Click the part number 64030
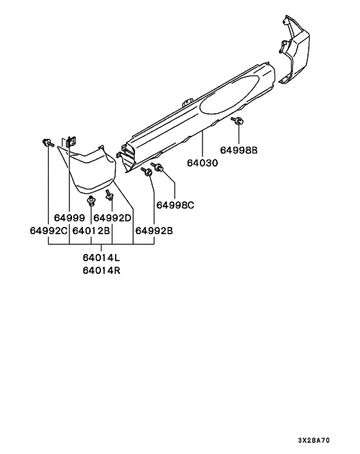click(202, 163)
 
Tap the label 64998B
click(239, 150)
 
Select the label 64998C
click(175, 205)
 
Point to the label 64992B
click(154, 231)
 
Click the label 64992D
click(113, 218)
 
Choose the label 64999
click(69, 218)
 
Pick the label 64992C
click(49, 231)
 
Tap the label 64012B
click(91, 231)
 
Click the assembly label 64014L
click(102, 257)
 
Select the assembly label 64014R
click(102, 271)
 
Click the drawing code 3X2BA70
click(314, 440)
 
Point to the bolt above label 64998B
click(237, 121)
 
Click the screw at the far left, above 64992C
click(48, 143)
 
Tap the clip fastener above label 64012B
click(91, 201)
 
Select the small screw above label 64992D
click(110, 195)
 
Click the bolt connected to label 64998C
click(157, 167)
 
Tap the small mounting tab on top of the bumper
click(187, 102)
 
